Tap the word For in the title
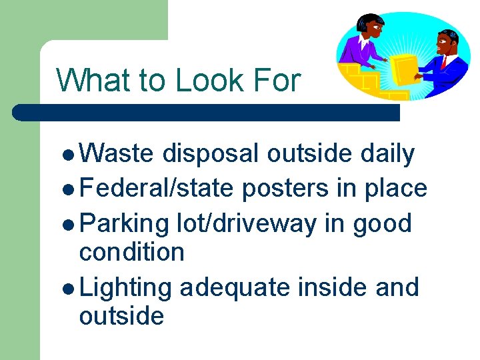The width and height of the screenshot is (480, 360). [x=277, y=81]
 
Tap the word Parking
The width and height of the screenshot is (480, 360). [x=124, y=223]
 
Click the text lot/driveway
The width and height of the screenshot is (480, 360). [x=247, y=223]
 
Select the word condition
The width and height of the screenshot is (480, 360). [x=131, y=252]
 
